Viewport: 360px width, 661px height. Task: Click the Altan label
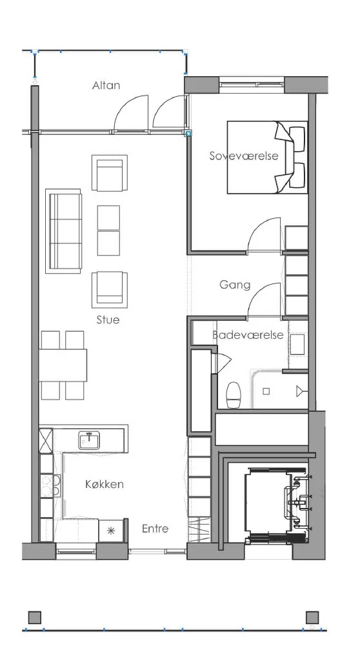[x=106, y=85]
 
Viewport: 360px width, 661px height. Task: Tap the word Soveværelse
[x=244, y=156]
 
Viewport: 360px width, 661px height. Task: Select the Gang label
[x=235, y=285]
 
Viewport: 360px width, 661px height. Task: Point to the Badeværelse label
[x=248, y=335]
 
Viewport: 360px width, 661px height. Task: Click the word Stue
[x=108, y=320]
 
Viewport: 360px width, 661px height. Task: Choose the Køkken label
[x=105, y=484]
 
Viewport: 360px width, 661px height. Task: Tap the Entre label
[x=155, y=529]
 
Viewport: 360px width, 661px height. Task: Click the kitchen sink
[x=90, y=440]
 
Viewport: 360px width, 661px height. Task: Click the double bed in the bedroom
[x=267, y=158]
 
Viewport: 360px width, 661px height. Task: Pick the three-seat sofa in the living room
[x=63, y=231]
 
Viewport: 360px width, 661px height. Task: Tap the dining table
[x=63, y=365]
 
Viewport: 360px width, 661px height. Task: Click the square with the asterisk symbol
[x=111, y=531]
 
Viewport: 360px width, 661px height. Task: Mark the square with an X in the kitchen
[x=46, y=440]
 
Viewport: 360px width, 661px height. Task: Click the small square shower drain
[x=266, y=391]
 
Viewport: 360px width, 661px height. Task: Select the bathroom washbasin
[x=299, y=344]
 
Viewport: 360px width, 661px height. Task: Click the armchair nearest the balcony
[x=110, y=173]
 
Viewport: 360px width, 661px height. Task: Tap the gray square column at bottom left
[x=35, y=618]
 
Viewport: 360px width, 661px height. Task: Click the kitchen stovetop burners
[x=55, y=485]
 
